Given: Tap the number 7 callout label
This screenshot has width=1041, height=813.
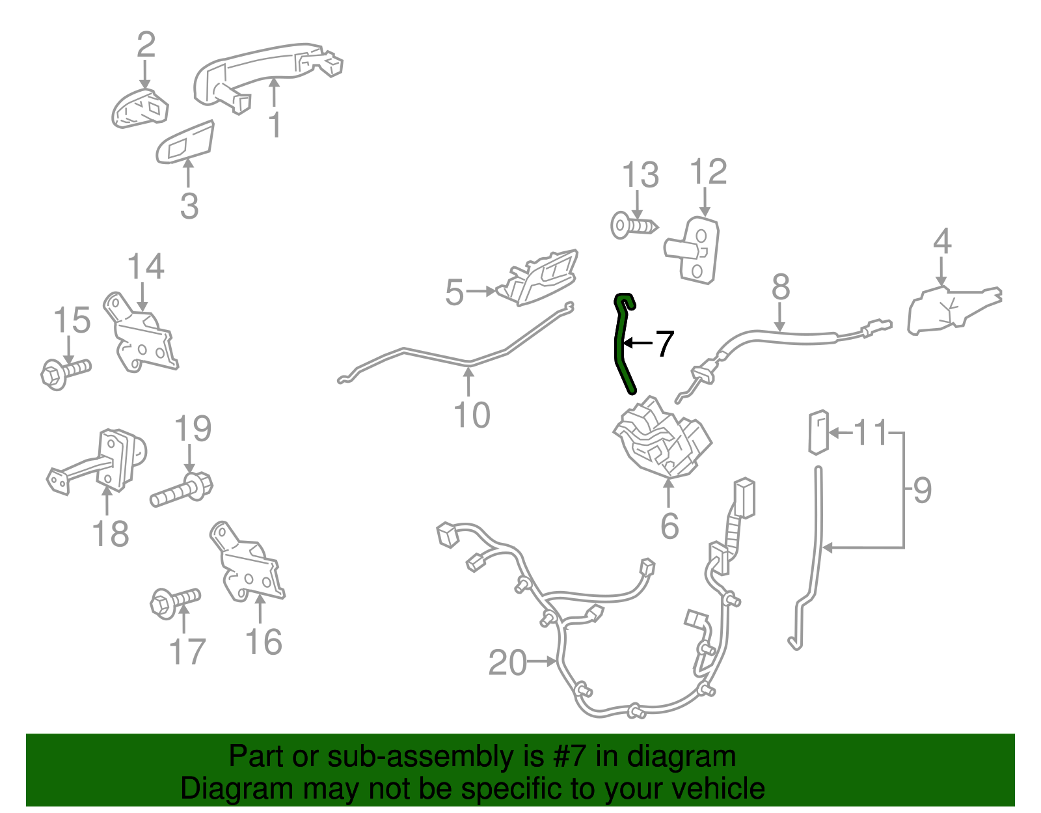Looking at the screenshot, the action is coord(664,344).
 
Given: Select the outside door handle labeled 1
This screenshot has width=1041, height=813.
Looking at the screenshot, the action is coord(267,77).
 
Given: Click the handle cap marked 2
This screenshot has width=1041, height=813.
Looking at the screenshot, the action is coord(140,109).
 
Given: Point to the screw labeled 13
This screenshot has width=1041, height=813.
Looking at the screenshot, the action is coord(634,226).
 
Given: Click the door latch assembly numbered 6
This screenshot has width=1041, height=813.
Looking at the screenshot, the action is coord(662,438).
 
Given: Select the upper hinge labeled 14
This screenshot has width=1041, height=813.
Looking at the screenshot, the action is coord(141,334).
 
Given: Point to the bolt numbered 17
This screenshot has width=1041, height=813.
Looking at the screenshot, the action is coord(175,603).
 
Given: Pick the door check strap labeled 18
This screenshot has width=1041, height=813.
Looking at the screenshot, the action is coord(98,462).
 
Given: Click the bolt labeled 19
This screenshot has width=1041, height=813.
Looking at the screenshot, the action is coord(182,490).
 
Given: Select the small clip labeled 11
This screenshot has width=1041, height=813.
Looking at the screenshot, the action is coord(818,433).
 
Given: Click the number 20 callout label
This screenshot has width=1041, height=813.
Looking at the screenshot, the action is coord(507,663).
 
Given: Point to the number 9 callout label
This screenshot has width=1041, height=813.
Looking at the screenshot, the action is coord(922,490).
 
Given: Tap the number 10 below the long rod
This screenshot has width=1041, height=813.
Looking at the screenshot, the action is coord(472,415).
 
